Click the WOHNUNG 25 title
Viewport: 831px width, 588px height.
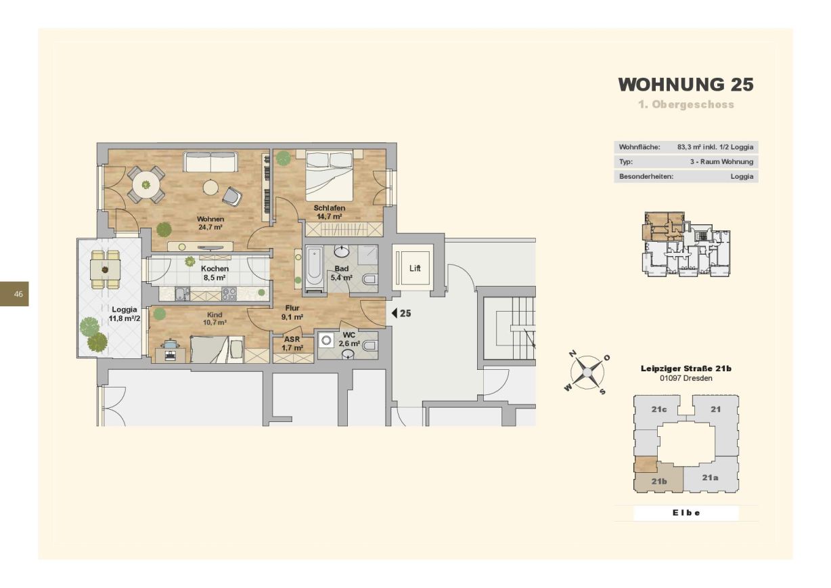click(686, 85)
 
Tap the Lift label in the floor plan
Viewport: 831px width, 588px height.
click(415, 268)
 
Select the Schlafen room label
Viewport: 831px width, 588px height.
click(329, 208)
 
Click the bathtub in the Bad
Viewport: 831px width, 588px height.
click(314, 268)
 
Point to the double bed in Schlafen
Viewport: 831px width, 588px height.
click(330, 175)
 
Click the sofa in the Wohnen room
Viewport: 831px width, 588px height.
click(210, 162)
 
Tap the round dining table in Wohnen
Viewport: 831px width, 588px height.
click(147, 184)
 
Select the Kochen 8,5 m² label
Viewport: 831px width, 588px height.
click(215, 273)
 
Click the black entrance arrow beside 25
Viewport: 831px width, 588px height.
click(395, 313)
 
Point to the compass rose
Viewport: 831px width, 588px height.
click(587, 372)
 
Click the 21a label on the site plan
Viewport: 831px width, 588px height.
click(710, 478)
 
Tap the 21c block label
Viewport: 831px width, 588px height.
click(659, 409)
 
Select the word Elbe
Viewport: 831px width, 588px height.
click(686, 513)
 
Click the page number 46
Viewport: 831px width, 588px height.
click(18, 294)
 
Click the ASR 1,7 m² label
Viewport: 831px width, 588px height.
click(292, 343)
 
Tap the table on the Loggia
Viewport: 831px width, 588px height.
click(105, 269)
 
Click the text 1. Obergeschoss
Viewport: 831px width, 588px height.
click(686, 104)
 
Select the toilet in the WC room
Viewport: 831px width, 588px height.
click(369, 345)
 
